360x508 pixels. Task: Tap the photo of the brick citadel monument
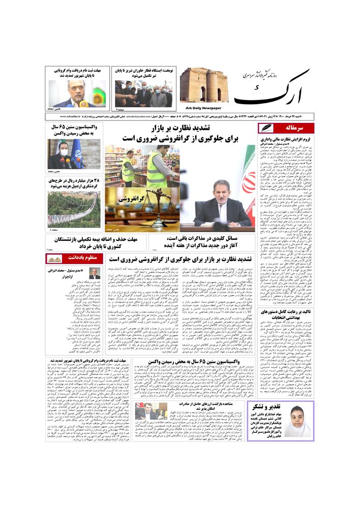click(x=204, y=85)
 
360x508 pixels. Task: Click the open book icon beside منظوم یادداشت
click(x=53, y=259)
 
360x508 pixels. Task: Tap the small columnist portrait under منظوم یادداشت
click(x=95, y=273)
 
